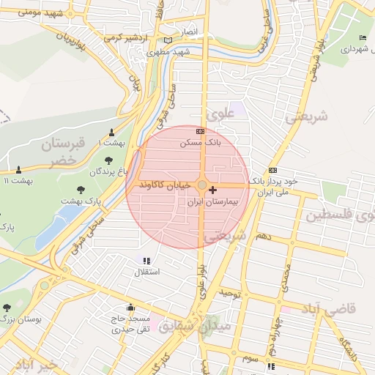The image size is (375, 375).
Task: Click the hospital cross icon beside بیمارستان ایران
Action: point(213,190)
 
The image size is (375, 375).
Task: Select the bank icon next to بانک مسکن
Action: point(201,132)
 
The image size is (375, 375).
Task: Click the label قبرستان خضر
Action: point(58,150)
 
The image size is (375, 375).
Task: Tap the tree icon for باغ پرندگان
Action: point(109,160)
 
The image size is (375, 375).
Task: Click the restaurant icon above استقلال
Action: point(146,261)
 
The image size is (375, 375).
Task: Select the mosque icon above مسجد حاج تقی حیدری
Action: point(130,308)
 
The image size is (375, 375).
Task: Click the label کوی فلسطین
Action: point(341,216)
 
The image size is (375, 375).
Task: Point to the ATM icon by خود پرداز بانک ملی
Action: point(272,170)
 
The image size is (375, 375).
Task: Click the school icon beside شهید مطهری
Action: point(169,41)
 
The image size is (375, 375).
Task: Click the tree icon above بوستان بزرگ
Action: point(7,308)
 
